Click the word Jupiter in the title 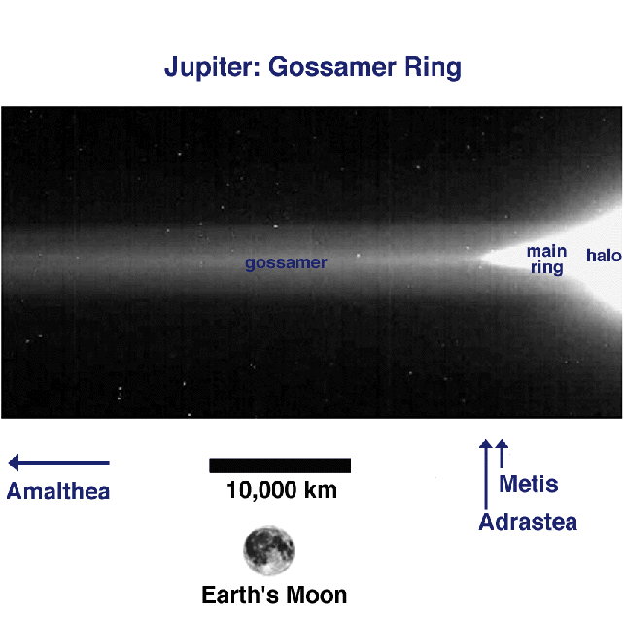click(x=212, y=67)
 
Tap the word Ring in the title click(x=433, y=68)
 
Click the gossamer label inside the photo click(x=286, y=263)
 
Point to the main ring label click(x=547, y=259)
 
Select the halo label click(x=604, y=255)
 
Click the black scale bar click(x=280, y=466)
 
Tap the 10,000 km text click(x=282, y=490)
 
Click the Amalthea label click(x=58, y=491)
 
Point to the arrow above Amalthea click(x=59, y=463)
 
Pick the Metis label click(x=529, y=484)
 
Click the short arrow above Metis click(x=502, y=454)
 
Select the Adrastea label click(x=528, y=522)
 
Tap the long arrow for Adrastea click(x=486, y=474)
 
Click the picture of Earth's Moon click(x=269, y=550)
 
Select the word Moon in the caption click(x=317, y=595)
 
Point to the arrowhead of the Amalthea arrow click(x=14, y=463)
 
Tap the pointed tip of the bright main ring click(x=479, y=258)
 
